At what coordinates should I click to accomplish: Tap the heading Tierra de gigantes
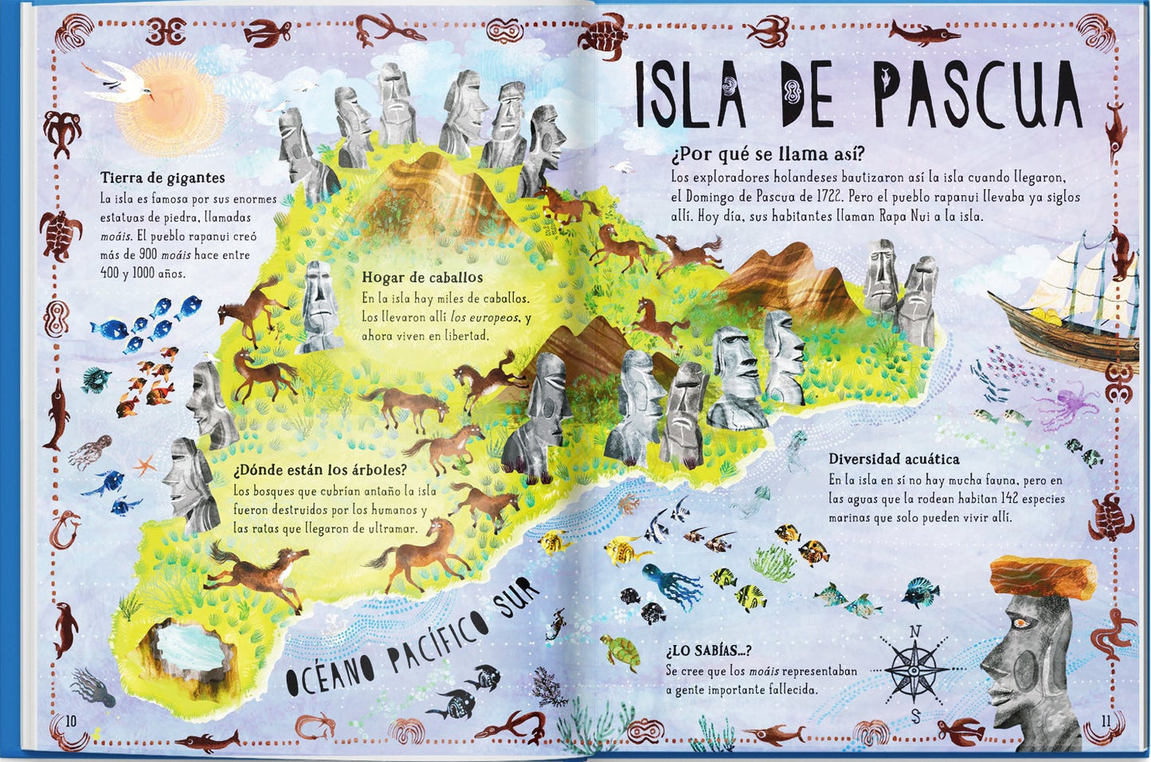click(162, 178)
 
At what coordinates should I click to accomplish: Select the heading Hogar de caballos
click(422, 277)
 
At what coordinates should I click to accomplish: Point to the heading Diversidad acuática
click(894, 459)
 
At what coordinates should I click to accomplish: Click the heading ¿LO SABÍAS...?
click(709, 650)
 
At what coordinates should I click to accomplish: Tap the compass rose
click(914, 671)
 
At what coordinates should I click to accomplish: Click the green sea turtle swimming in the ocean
click(621, 652)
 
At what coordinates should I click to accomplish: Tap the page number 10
click(71, 721)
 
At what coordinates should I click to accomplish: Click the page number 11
click(1104, 721)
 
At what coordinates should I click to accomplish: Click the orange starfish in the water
click(144, 464)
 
